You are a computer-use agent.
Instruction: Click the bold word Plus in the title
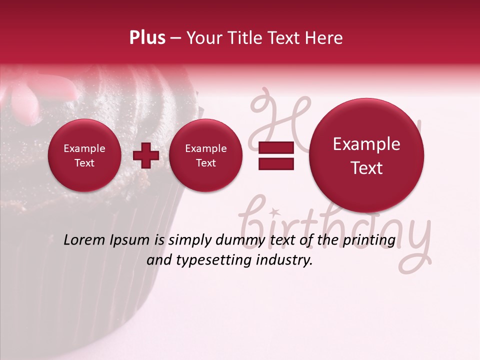[147, 38]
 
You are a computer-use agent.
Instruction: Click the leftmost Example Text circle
[84, 155]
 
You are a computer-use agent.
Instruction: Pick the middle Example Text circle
[205, 155]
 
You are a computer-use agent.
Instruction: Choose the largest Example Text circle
[366, 155]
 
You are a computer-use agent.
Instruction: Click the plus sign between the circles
[145, 155]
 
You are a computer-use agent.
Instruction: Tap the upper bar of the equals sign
[276, 147]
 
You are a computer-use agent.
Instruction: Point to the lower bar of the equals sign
[276, 164]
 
